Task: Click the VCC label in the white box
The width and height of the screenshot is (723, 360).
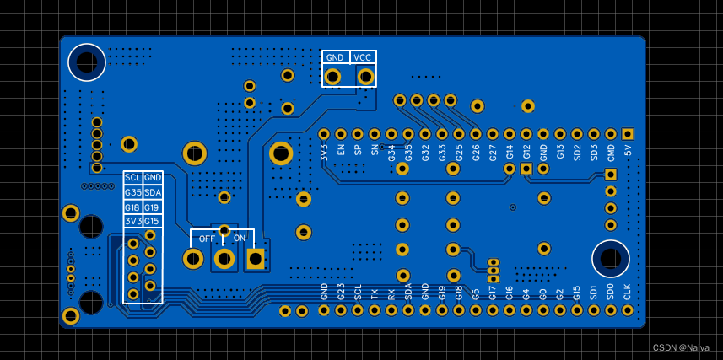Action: click(363, 57)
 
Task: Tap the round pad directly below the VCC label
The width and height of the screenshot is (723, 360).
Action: click(365, 77)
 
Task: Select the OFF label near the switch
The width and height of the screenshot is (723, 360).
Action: click(207, 239)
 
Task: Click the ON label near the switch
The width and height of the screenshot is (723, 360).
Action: click(240, 239)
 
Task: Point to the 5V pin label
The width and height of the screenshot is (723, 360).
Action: click(628, 151)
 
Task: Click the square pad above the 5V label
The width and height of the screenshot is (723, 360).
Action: click(628, 134)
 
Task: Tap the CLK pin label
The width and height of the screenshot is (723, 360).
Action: click(628, 292)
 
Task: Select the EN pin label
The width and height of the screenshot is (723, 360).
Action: click(341, 150)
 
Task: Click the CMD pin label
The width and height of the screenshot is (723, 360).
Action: click(611, 153)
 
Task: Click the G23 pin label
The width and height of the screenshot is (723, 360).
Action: click(341, 292)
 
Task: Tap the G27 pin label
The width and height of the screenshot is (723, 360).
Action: click(493, 152)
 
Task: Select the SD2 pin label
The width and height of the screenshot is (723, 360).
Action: click(577, 152)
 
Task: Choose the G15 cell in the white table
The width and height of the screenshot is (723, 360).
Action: click(152, 221)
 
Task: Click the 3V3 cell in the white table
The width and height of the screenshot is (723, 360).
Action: click(132, 221)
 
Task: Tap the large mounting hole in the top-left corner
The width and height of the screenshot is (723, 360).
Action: click(86, 61)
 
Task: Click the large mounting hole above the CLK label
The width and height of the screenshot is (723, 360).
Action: click(610, 258)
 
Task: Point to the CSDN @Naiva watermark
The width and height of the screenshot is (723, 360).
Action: click(681, 347)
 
